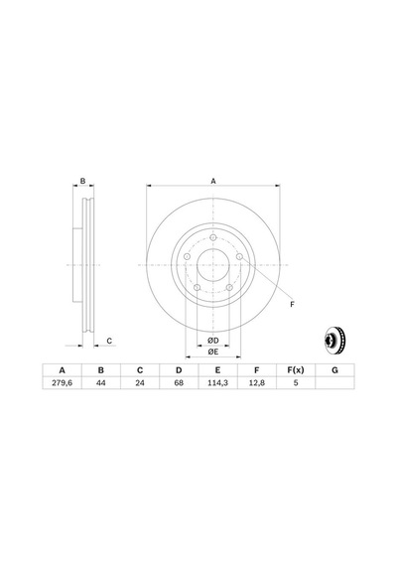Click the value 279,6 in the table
click(x=63, y=383)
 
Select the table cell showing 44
click(x=101, y=383)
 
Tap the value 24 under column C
click(x=140, y=383)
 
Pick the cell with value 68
click(x=179, y=383)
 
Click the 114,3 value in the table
click(x=217, y=383)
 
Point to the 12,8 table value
click(x=257, y=383)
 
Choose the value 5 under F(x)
click(x=296, y=383)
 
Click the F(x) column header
click(x=296, y=370)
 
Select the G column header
click(x=334, y=370)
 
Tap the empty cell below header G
click(x=334, y=383)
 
